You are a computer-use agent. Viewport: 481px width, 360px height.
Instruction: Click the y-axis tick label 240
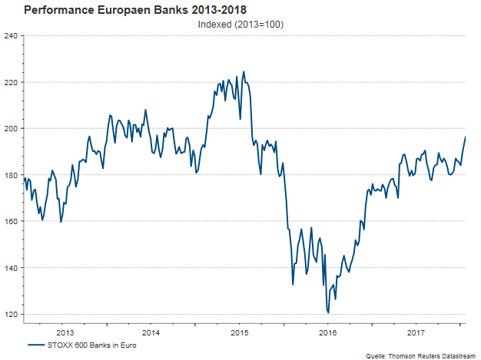12,35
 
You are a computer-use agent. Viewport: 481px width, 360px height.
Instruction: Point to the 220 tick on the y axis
12,82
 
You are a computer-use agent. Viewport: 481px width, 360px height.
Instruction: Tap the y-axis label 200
12,128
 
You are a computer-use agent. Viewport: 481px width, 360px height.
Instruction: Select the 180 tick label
12,175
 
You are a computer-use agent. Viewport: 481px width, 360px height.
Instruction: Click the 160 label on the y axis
12,221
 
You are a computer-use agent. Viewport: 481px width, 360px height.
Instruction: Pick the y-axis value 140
12,268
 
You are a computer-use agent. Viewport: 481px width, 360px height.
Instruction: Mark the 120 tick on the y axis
12,314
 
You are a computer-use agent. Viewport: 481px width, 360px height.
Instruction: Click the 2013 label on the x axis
65,332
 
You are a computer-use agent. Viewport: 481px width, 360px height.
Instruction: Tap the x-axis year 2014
151,332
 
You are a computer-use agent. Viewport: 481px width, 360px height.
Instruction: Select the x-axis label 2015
240,332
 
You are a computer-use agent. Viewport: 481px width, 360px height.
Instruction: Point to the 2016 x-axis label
328,332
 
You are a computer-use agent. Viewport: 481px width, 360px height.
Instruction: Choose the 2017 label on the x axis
416,332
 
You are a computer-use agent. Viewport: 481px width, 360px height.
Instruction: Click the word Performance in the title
61,11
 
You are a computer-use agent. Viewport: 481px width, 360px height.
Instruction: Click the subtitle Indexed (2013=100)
241,25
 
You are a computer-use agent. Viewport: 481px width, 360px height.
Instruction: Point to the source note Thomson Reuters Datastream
430,355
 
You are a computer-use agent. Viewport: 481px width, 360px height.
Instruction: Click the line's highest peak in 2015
244,72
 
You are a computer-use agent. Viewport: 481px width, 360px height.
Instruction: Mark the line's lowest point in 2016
328,312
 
